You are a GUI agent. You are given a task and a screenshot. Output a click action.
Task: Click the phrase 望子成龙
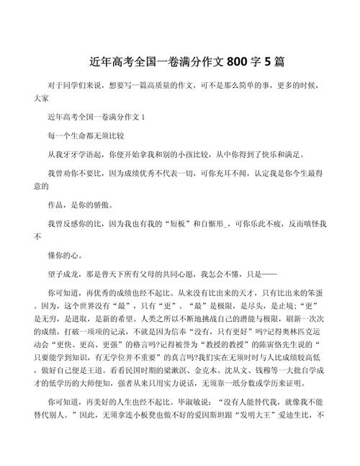pyautogui.click(x=62, y=274)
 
